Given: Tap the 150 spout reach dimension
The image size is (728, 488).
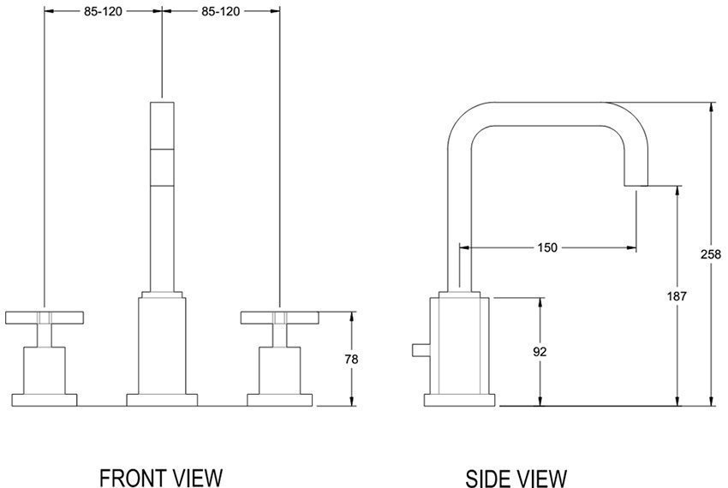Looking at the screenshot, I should (547, 248).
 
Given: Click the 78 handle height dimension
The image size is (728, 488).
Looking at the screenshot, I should (351, 360).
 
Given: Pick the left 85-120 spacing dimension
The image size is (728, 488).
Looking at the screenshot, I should (102, 11).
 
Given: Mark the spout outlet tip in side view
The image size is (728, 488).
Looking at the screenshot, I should (635, 182).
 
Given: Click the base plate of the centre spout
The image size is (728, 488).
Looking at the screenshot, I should (162, 400).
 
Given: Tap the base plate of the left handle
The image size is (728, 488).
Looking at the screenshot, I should (43, 400).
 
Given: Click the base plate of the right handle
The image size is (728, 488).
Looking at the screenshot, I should (279, 400).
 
